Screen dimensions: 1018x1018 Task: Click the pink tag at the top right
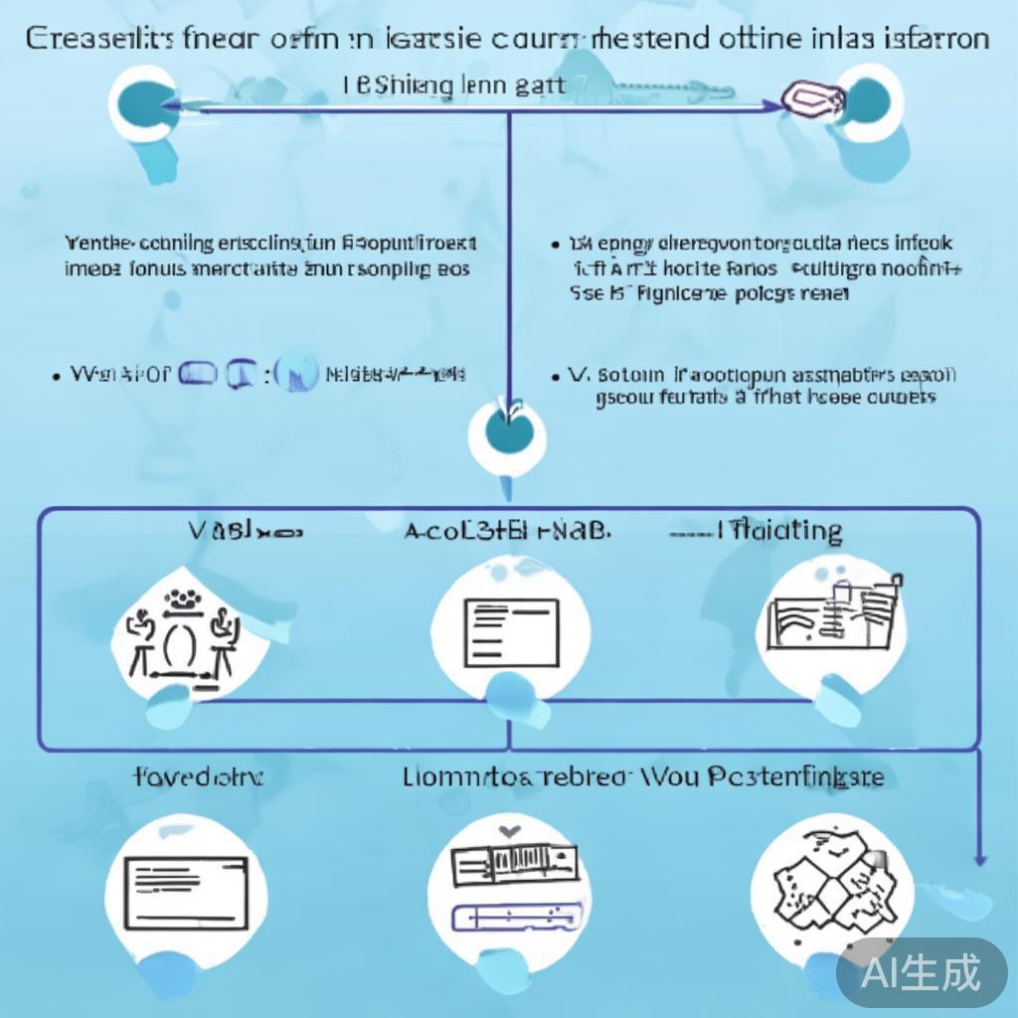click(x=813, y=96)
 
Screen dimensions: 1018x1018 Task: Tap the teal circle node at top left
click(x=142, y=100)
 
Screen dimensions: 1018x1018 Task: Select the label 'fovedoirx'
click(x=198, y=775)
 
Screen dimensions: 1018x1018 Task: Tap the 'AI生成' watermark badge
click(x=921, y=971)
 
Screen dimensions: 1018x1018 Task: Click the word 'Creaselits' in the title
click(x=96, y=39)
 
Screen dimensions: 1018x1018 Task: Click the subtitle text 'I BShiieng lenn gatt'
click(x=454, y=85)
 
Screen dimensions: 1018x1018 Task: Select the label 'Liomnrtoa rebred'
click(x=515, y=775)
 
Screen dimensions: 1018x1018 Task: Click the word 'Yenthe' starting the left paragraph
click(x=98, y=243)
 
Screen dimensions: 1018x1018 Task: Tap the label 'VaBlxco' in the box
click(x=245, y=531)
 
